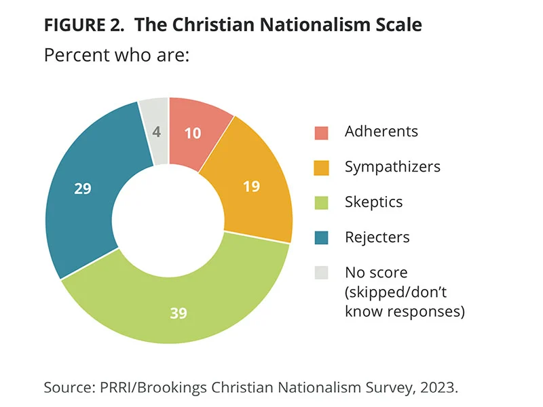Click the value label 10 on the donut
pos(193,133)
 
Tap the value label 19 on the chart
pos(251,185)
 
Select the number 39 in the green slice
pos(178,313)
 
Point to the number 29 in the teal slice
pos(83,189)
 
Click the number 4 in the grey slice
pos(157,132)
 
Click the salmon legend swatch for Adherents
pos(321,132)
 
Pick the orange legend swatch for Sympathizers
pos(321,168)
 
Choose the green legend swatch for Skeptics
pos(321,203)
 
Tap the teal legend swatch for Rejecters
pos(321,238)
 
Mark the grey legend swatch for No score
pos(321,273)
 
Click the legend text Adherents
pos(381,132)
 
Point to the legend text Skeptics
pos(373,202)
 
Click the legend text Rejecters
pos(377,237)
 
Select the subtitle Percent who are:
pos(115,54)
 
